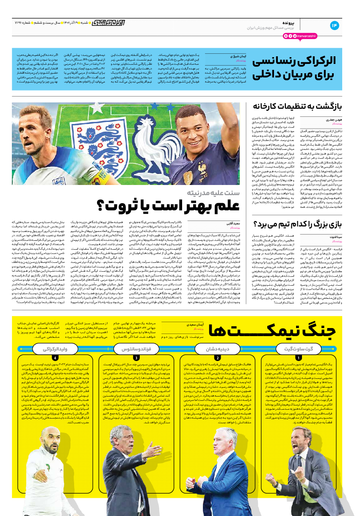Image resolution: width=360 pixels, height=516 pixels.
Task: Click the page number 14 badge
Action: pos(335,25)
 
